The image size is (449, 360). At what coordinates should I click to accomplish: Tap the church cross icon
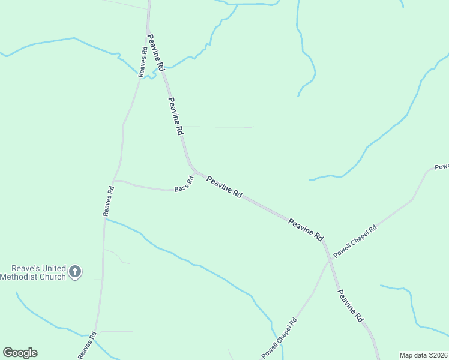click(75, 272)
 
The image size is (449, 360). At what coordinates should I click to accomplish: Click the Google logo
click(20, 353)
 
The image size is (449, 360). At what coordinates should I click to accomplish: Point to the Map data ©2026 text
click(424, 355)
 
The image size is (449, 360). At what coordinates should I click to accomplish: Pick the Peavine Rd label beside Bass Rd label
click(224, 187)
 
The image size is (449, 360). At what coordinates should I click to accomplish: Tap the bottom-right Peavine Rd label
click(350, 305)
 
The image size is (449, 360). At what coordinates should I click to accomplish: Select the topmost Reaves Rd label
click(143, 62)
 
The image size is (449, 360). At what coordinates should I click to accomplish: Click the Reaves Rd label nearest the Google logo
click(87, 346)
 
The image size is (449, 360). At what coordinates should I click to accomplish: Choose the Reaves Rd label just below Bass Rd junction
click(108, 200)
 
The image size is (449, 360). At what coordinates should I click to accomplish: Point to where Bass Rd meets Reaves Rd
click(113, 180)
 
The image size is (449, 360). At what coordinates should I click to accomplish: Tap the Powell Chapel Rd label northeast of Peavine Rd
click(355, 242)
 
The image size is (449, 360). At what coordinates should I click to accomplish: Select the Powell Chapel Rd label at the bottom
click(280, 340)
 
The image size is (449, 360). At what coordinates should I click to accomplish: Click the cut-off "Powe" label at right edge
click(441, 167)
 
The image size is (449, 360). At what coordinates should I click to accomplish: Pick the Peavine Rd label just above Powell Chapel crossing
click(306, 230)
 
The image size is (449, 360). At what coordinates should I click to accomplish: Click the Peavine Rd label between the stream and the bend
click(176, 115)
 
